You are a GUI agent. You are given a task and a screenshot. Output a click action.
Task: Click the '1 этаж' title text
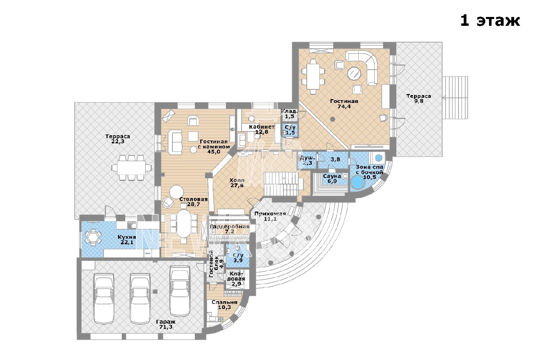pos(490,21)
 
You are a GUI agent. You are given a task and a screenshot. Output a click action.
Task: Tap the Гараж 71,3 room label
pos(166,324)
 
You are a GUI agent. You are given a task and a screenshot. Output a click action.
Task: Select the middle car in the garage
pos(140,299)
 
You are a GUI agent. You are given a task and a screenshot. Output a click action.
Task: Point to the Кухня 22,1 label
pos(127,240)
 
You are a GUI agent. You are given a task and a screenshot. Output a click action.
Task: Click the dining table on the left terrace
pos(132,168)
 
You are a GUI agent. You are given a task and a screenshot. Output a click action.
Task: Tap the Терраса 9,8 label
pos(419,98)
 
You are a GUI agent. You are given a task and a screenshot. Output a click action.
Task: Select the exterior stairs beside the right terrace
pos(455,98)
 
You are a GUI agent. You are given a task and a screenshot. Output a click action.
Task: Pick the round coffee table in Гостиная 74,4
pos(354,73)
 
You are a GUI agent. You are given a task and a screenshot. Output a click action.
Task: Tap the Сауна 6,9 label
pos(332,179)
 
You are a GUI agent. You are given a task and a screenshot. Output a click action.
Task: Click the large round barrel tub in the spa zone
pos(357,182)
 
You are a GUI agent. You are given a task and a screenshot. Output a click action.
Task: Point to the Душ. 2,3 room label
pos(307,160)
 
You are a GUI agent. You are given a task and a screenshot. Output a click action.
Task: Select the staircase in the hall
pos(283,184)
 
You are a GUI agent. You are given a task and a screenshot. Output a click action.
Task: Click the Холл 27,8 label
pos(237,183)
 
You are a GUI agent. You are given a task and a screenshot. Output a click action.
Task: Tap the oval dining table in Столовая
pos(184,224)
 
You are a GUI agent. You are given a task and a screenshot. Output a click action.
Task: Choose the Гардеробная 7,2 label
pos(229,229)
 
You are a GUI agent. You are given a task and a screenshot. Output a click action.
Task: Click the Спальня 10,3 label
pos(224,305)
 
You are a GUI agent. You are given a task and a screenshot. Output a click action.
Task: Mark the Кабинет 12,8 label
pos(262,129)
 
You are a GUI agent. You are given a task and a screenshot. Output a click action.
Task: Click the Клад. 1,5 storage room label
pos(289,114)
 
